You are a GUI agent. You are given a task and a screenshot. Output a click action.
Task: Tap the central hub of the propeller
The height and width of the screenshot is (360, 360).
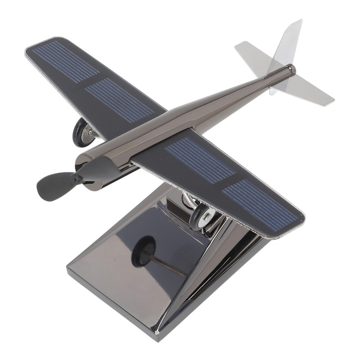tap(79, 178)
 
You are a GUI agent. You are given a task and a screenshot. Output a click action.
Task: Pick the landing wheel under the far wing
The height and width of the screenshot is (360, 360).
tap(83, 132)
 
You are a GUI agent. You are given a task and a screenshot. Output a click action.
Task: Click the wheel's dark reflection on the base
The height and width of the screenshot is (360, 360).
tap(143, 250)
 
